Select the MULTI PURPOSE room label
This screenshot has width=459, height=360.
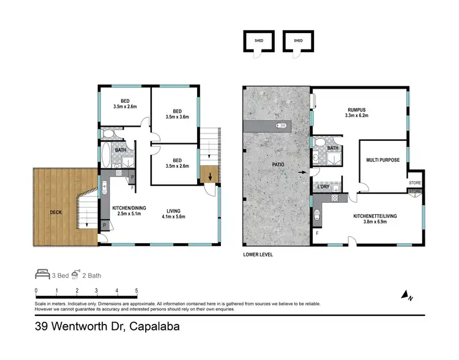382,160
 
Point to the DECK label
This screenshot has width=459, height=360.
56,213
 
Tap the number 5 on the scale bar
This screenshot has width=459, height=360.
136,291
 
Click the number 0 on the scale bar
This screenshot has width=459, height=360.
36,291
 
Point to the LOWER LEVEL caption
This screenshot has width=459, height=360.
258,255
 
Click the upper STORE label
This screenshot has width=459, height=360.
414,182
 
